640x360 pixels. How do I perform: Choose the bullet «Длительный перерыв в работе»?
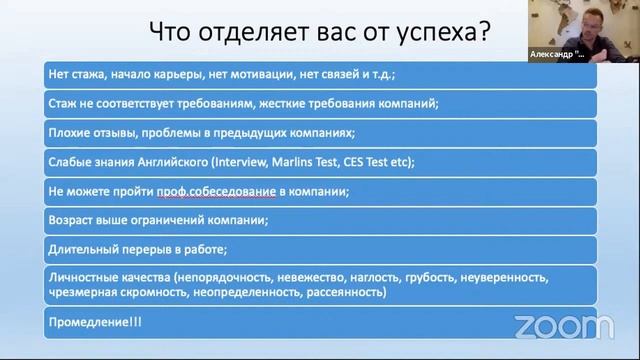(x=123, y=248)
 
